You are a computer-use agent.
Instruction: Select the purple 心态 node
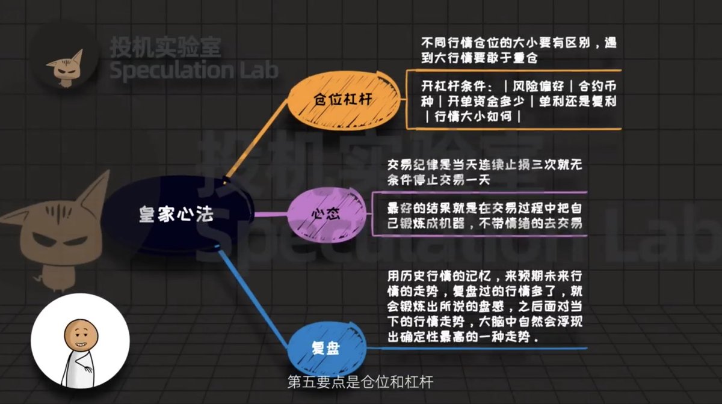tap(326, 213)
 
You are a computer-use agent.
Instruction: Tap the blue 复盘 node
tap(326, 347)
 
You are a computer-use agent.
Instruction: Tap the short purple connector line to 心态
tap(273, 213)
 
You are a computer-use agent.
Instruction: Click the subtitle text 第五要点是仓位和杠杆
tap(360, 382)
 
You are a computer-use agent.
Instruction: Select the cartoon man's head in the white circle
tap(76, 332)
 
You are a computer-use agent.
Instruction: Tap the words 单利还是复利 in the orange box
tap(579, 100)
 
